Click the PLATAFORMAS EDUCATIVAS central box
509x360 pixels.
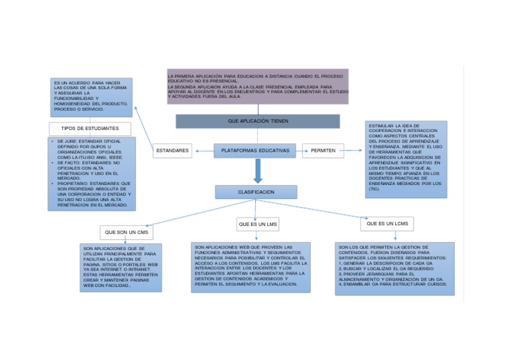255,151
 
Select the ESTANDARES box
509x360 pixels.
172,151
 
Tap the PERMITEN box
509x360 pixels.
323,151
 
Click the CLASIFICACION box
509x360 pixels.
256,192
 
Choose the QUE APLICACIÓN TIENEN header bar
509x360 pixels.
257,121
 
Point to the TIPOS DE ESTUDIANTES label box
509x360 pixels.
89,128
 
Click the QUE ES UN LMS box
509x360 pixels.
256,225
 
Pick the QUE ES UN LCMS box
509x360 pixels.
387,224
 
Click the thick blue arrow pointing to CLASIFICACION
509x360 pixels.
258,172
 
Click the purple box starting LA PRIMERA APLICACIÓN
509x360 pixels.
258,87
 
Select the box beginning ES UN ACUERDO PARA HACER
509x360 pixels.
91,97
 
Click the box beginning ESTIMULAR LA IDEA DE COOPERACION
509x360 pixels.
406,158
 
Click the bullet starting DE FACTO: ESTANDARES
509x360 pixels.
91,170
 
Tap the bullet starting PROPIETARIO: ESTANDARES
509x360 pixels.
91,194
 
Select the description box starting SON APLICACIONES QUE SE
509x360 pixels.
120,267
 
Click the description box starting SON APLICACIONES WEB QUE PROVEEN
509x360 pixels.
251,266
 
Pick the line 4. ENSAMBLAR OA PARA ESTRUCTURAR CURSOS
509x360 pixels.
392,284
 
